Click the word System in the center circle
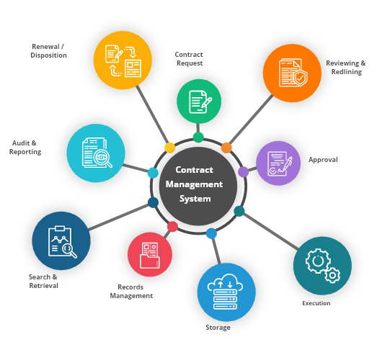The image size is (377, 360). [195, 199]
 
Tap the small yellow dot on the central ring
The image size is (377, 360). [169, 148]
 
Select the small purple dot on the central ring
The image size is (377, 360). [244, 171]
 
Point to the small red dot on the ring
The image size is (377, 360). [172, 227]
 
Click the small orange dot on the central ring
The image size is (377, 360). [226, 148]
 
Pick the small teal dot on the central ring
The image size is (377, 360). [239, 211]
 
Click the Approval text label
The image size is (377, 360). [323, 160]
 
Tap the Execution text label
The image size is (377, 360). [316, 303]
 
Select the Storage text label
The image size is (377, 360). [218, 328]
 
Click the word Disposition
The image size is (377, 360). [48, 55]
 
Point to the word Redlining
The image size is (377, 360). [347, 72]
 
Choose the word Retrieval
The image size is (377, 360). [43, 286]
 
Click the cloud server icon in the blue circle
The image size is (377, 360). [225, 292]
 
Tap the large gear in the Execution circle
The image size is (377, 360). [318, 261]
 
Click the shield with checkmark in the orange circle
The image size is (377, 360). [301, 77]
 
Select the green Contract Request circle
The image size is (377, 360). [199, 102]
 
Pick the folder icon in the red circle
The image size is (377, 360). [150, 261]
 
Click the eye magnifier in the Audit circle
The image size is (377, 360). [102, 158]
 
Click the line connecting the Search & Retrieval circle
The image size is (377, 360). [118, 217]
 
